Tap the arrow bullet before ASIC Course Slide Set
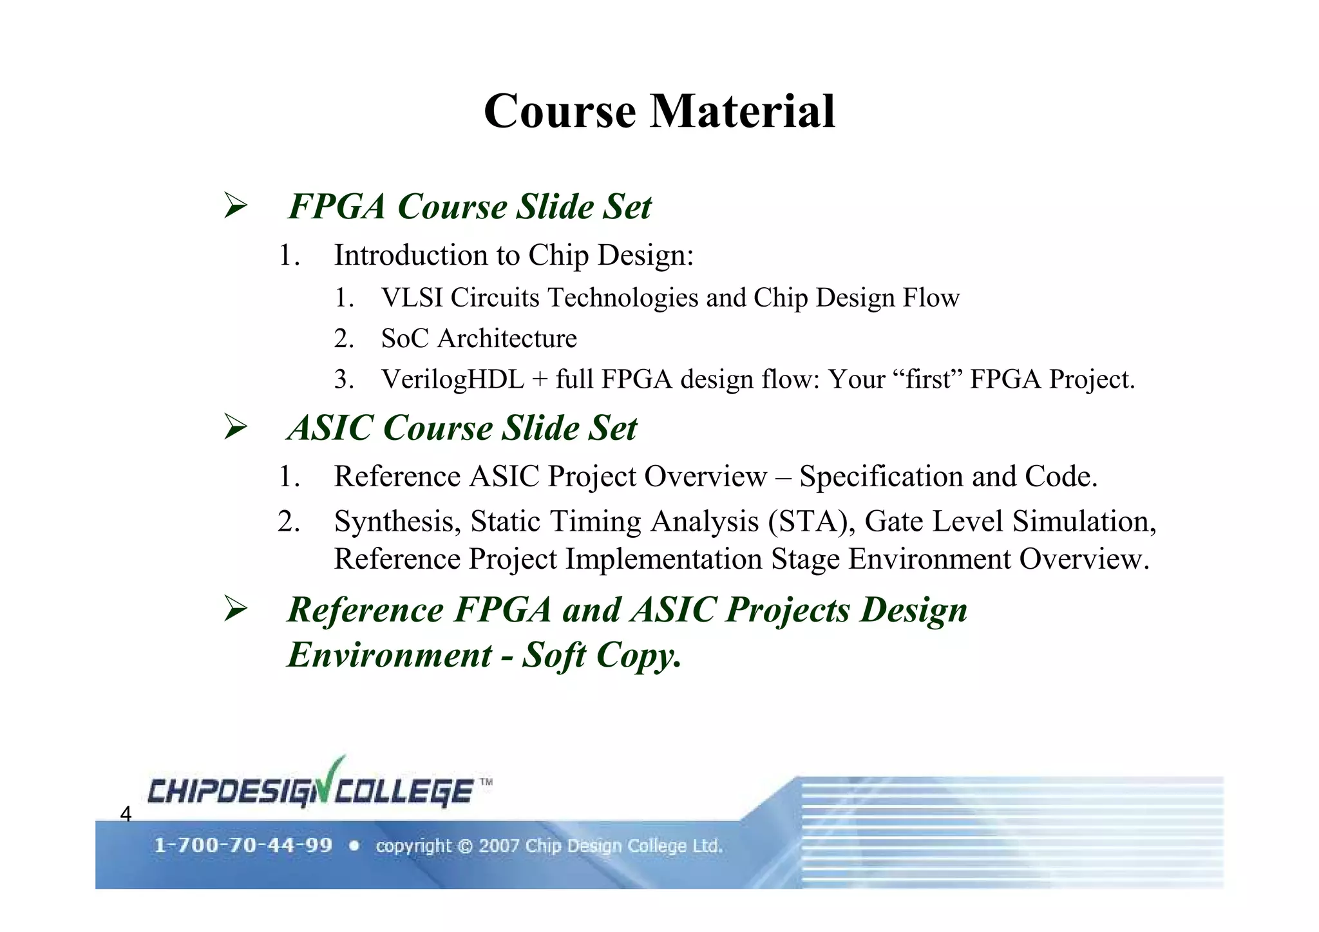pyautogui.click(x=236, y=427)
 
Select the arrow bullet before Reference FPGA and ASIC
pyautogui.click(x=236, y=609)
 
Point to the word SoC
pyautogui.click(x=404, y=338)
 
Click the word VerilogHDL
pyautogui.click(x=452, y=379)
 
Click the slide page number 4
pyautogui.click(x=126, y=814)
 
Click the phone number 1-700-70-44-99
pyautogui.click(x=243, y=845)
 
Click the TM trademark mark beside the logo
pyautogui.click(x=486, y=783)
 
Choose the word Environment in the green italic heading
pyautogui.click(x=389, y=655)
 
